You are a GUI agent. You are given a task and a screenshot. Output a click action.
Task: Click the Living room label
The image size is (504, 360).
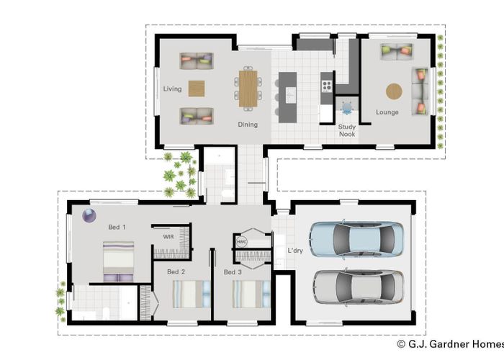pyautogui.click(x=172, y=89)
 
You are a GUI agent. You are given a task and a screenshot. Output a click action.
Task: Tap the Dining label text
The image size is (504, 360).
pyautogui.click(x=248, y=125)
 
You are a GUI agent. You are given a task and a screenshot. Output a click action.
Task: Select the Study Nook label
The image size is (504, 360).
pyautogui.click(x=347, y=130)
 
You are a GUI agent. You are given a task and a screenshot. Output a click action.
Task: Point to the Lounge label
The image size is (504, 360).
pyautogui.click(x=387, y=112)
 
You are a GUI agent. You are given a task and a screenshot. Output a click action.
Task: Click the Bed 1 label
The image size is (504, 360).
pyautogui.click(x=117, y=228)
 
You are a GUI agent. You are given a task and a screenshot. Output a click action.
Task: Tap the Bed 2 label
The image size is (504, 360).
pyautogui.click(x=176, y=272)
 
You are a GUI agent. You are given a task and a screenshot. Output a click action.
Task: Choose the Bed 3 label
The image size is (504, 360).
pyautogui.click(x=233, y=272)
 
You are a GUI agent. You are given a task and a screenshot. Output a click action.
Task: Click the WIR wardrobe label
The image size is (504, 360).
pyautogui.click(x=168, y=237)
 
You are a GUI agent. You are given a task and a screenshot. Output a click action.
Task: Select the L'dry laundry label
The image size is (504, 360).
pyautogui.click(x=295, y=251)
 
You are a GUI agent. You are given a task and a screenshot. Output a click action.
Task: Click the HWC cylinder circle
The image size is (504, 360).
pyautogui.click(x=242, y=242)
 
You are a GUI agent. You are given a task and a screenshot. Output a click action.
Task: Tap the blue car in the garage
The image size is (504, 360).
pyautogui.click(x=356, y=239)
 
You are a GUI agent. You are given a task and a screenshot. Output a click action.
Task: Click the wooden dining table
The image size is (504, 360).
pyautogui.click(x=248, y=89)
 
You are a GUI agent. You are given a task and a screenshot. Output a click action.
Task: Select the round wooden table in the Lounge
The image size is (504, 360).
pyautogui.click(x=394, y=91)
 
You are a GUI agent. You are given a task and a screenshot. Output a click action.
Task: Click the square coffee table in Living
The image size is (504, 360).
pyautogui.click(x=197, y=89)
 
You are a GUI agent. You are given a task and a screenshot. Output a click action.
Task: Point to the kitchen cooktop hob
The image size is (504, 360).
pyautogui.click(x=327, y=86)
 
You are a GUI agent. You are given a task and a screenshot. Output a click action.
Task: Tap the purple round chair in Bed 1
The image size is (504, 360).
pyautogui.click(x=89, y=216)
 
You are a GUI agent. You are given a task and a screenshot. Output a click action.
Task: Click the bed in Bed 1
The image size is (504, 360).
pyautogui.click(x=118, y=261)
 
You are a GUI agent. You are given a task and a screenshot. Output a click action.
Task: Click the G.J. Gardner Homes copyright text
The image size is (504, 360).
pyautogui.click(x=450, y=344)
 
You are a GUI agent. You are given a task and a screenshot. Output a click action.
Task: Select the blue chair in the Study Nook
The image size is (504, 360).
pyautogui.click(x=347, y=107)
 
